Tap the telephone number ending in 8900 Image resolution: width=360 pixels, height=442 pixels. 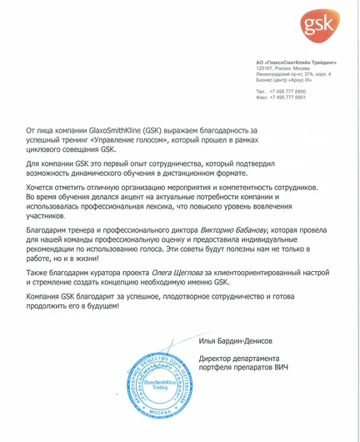[287, 91]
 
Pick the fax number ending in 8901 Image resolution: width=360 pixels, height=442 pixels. [287, 97]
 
